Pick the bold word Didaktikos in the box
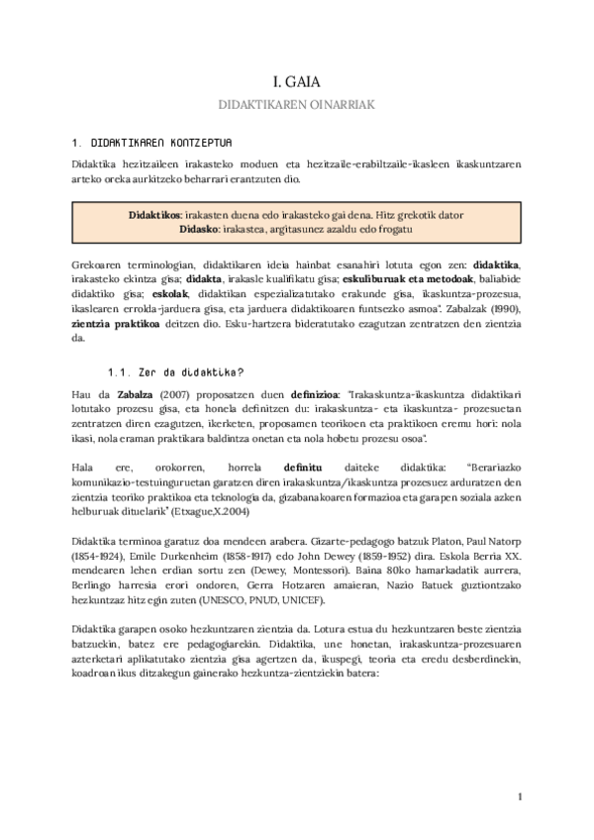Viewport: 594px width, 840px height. pyautogui.click(x=153, y=215)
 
